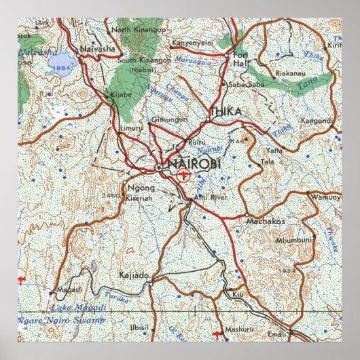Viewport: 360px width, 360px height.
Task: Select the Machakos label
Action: click(x=266, y=221)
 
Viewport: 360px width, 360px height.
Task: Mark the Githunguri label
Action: click(x=170, y=118)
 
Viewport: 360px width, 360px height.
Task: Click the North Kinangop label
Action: click(x=136, y=29)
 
